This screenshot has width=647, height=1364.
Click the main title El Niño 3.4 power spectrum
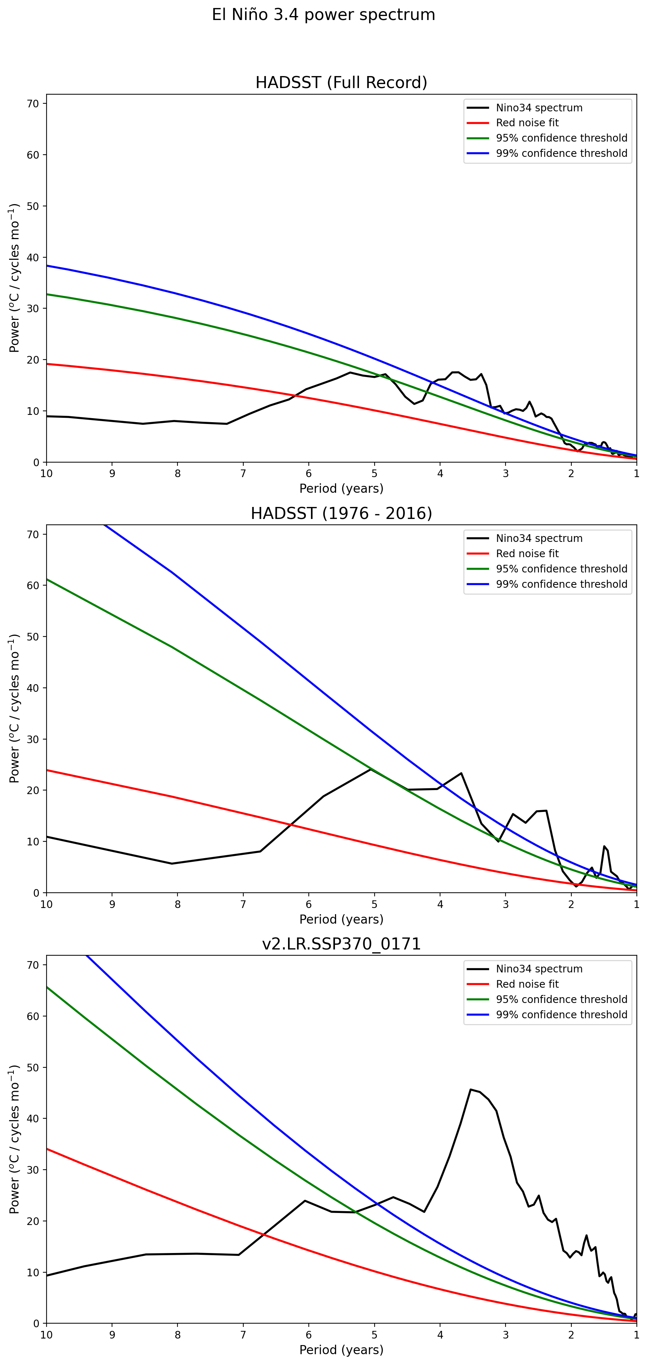click(323, 15)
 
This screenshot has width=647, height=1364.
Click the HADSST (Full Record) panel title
click(341, 83)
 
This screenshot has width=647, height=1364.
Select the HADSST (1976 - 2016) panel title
click(341, 513)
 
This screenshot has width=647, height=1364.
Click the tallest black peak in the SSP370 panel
click(470, 1090)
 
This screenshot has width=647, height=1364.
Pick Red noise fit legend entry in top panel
click(527, 123)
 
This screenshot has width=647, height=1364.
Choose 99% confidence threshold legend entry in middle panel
click(561, 584)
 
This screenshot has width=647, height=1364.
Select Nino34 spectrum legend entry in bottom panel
click(539, 969)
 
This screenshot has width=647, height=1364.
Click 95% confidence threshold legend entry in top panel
click(561, 138)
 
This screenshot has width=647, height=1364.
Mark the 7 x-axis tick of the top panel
click(243, 473)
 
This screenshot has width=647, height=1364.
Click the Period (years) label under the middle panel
click(341, 919)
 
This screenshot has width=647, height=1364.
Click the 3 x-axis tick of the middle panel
click(506, 904)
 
